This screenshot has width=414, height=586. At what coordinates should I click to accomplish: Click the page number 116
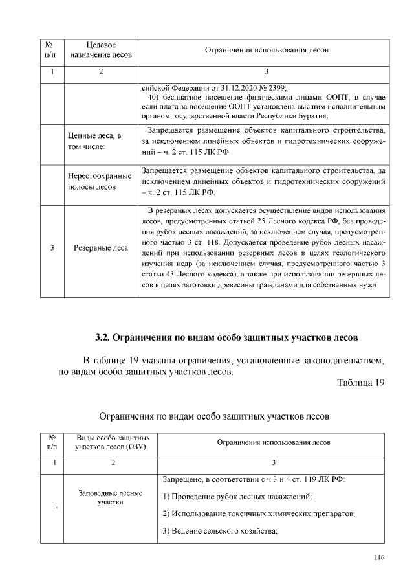pyautogui.click(x=379, y=558)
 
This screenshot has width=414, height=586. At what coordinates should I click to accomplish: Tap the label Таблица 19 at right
pyautogui.click(x=361, y=383)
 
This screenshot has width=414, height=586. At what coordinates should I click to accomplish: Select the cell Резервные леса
pyautogui.click(x=102, y=247)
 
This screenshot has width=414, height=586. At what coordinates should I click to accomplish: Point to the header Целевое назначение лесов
pyautogui.click(x=100, y=50)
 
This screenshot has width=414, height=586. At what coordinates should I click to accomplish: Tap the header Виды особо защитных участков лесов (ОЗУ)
pyautogui.click(x=113, y=442)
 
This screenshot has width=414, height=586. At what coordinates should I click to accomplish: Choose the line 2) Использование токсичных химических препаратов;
pyautogui.click(x=259, y=514)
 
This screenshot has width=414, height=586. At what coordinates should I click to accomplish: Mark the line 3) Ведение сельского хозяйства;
pyautogui.click(x=220, y=532)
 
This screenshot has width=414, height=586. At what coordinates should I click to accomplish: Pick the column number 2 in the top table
pyautogui.click(x=100, y=71)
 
